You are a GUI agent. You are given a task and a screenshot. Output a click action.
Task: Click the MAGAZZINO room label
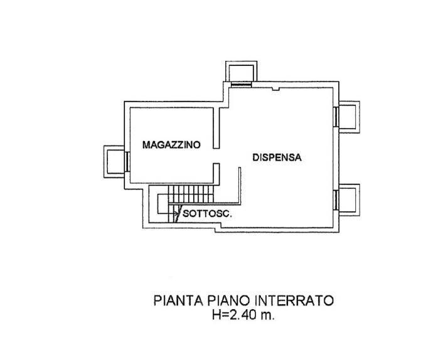pyautogui.click(x=171, y=145)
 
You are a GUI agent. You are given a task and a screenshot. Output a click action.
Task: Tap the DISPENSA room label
pyautogui.click(x=277, y=157)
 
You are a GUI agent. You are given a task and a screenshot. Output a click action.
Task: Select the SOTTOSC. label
pyautogui.click(x=207, y=214)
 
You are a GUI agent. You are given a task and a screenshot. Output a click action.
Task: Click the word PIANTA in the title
pyautogui.click(x=178, y=300)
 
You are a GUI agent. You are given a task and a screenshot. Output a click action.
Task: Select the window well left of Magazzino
pyautogui.click(x=114, y=162)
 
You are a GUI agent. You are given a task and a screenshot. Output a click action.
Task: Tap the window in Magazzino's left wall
pyautogui.click(x=127, y=162)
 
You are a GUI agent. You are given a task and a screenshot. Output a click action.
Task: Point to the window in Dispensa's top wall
pyautogui.click(x=242, y=85)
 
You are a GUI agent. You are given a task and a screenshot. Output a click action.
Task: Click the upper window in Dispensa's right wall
pyautogui.click(x=336, y=117)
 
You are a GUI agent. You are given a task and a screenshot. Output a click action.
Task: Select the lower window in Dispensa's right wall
pyautogui.click(x=336, y=200)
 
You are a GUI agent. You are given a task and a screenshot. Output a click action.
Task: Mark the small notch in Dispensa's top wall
pyautogui.click(x=275, y=89)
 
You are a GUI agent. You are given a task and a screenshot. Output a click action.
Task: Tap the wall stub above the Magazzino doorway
pyautogui.click(x=216, y=128)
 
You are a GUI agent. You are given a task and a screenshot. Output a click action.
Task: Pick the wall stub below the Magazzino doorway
pyautogui.click(x=216, y=174)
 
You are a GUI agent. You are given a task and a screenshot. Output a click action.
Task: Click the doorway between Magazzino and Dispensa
pyautogui.click(x=216, y=156)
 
